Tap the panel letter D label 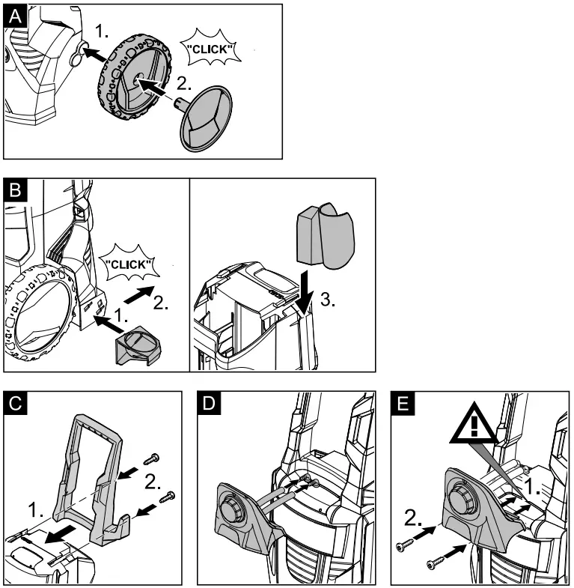pos(209,402)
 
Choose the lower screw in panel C pos(168,495)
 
